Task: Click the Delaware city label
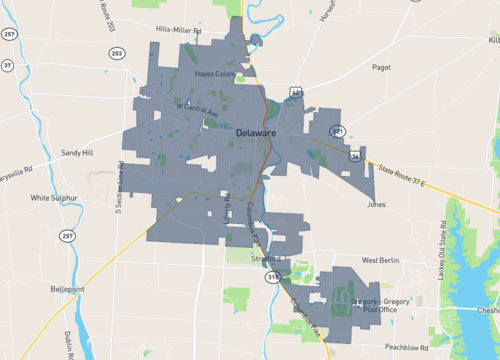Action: pyautogui.click(x=259, y=131)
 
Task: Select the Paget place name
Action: pyautogui.click(x=381, y=68)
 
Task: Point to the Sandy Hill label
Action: pyautogui.click(x=76, y=153)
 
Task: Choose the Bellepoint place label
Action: pyautogui.click(x=69, y=289)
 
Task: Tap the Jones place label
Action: pyautogui.click(x=376, y=204)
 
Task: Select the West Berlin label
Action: pyautogui.click(x=381, y=260)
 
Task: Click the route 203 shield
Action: pyautogui.click(x=118, y=52)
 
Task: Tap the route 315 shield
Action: pyautogui.click(x=272, y=278)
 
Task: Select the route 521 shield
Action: pyautogui.click(x=338, y=130)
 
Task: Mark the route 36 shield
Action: pyautogui.click(x=355, y=156)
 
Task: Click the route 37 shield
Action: pyautogui.click(x=7, y=66)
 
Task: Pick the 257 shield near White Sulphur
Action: pyautogui.click(x=67, y=236)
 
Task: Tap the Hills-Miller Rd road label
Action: pyautogui.click(x=180, y=31)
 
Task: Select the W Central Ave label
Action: pyautogui.click(x=196, y=108)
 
